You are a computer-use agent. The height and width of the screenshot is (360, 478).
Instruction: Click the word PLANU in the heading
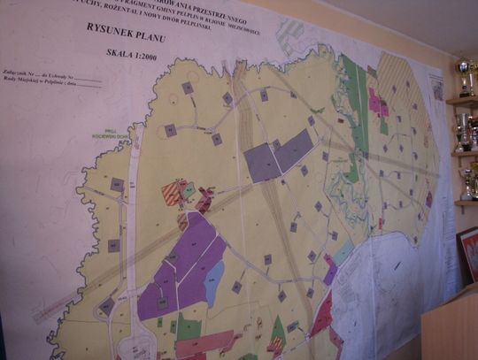click(156, 33)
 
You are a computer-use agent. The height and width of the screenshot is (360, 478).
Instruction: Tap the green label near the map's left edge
click(111, 137)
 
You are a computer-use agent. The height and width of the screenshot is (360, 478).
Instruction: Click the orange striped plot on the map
click(172, 192)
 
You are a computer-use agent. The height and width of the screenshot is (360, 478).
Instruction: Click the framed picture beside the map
click(466, 254)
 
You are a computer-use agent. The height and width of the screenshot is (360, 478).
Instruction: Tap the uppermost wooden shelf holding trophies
click(461, 102)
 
